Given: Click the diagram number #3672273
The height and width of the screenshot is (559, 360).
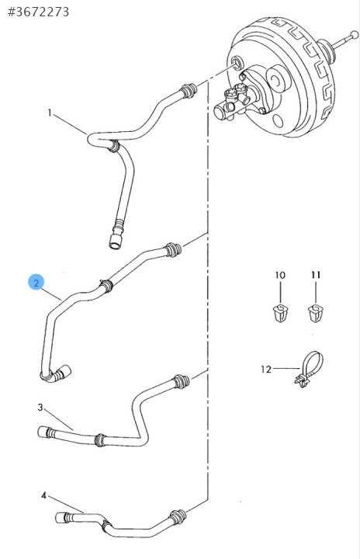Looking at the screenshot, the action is pos(39,12).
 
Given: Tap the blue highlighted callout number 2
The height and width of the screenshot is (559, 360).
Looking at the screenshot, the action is pos(36,283).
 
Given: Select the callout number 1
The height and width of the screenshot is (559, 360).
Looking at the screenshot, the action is pos(50,113).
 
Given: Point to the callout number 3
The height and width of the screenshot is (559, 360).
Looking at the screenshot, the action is pos(40,407).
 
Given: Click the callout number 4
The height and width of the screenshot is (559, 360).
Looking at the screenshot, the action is pos(44,495).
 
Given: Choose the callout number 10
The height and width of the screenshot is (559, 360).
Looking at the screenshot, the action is pos(280,275).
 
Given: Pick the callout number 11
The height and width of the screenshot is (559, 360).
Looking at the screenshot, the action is pos(316,275).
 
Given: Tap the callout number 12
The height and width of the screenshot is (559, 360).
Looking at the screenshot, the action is pos(266,369).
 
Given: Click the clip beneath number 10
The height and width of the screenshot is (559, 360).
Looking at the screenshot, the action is pos(280,314).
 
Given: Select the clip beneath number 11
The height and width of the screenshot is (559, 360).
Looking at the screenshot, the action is pos(316,314).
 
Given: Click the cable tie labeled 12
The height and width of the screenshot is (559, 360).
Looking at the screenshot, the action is pos(310,368).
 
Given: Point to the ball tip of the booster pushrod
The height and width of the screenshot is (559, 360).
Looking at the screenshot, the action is pos(355,35).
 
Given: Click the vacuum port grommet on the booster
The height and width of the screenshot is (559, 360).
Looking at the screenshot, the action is pos(236,63).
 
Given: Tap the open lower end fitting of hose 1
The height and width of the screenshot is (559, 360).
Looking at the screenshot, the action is pos(115,241).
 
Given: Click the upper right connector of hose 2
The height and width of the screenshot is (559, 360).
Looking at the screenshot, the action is pos(174,249).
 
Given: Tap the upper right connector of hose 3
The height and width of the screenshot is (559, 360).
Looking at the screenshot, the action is pos(181,381).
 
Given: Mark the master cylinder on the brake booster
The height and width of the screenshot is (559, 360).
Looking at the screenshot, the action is pos(235,101).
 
